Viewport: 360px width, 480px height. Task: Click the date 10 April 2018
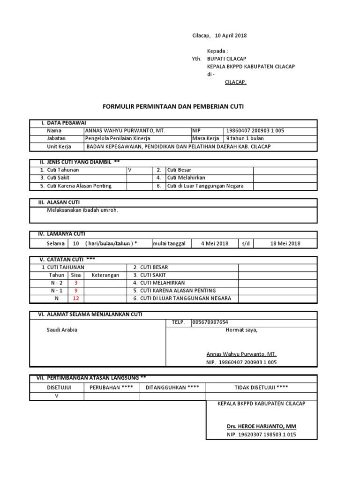[x=231, y=36]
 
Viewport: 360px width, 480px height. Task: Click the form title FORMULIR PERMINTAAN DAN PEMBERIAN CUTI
[x=173, y=107]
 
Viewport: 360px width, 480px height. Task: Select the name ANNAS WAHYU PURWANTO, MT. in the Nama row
[x=125, y=130]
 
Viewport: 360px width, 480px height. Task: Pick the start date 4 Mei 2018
[x=214, y=243]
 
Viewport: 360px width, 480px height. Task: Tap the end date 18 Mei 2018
[x=285, y=243]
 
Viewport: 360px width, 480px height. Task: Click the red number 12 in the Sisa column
[x=76, y=298]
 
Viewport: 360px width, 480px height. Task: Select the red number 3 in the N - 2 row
[x=76, y=283]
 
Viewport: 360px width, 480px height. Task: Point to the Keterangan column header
[x=105, y=275]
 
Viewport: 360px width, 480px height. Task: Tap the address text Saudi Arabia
[x=61, y=330]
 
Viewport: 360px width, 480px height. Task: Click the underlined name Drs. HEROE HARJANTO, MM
[x=262, y=426]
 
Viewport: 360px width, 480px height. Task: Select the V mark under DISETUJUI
[x=57, y=395]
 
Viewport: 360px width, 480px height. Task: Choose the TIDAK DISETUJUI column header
[x=262, y=387]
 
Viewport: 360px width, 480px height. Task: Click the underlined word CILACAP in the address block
[x=235, y=82]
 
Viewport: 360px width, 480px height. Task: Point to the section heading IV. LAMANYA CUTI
[x=61, y=233]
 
